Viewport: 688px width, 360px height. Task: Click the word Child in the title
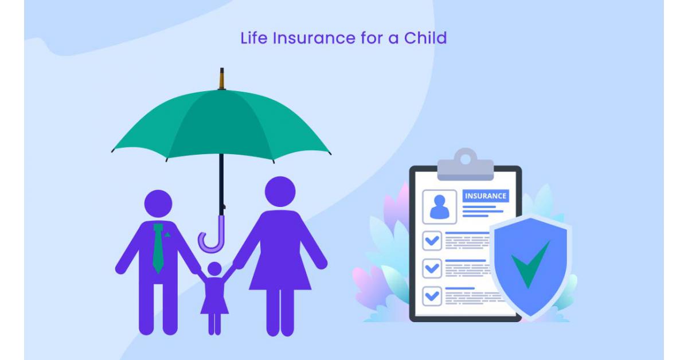[x=425, y=38]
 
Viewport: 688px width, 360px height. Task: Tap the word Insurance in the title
[x=314, y=38]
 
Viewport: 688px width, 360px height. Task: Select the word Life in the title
[x=253, y=38]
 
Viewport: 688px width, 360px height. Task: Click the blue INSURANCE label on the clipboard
[x=486, y=196]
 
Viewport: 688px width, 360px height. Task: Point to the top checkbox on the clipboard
[x=432, y=241]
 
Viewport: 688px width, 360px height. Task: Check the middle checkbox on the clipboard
[x=432, y=268]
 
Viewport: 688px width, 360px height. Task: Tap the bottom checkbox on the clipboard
[x=432, y=296]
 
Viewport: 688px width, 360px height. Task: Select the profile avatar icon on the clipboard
[x=440, y=207]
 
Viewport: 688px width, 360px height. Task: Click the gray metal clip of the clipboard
[x=466, y=166]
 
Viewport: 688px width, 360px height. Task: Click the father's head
[x=158, y=204]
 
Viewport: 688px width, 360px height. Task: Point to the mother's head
[x=280, y=191]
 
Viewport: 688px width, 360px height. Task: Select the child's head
[x=214, y=269]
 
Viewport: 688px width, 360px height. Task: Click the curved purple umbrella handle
[x=212, y=237]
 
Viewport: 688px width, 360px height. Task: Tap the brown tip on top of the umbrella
[x=222, y=79]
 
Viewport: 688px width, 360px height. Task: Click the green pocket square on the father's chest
[x=167, y=235]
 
